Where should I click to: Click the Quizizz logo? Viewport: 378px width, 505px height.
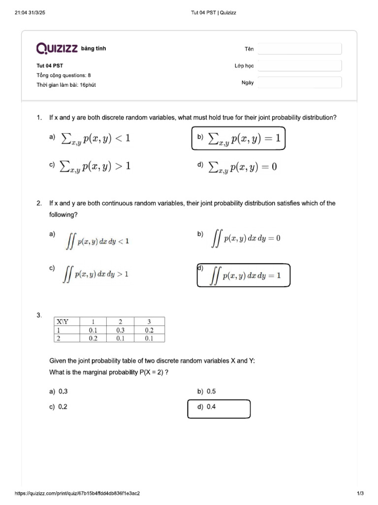57,48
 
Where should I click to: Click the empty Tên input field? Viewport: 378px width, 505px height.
299,49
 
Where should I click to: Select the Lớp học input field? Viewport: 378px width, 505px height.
299,66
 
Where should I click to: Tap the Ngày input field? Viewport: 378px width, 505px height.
299,82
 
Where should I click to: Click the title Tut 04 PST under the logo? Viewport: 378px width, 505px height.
50,65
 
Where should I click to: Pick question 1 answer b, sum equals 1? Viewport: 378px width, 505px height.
238,139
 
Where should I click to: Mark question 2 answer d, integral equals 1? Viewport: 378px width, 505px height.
243,275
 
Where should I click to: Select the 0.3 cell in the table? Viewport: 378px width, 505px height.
121,330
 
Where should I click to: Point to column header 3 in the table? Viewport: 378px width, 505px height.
149,322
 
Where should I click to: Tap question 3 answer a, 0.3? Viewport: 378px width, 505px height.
59,392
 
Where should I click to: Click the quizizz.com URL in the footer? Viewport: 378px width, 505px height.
81,493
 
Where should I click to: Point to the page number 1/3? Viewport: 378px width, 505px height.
360,493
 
